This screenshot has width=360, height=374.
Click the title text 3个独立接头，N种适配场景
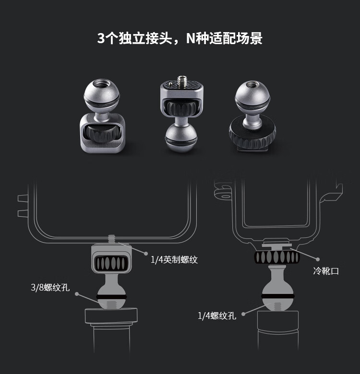pyautogui.click(x=180, y=38)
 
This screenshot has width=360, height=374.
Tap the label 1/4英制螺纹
pyautogui.click(x=174, y=259)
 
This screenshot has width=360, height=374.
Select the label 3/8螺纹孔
pyautogui.click(x=50, y=287)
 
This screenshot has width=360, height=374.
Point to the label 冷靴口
pyautogui.click(x=326, y=271)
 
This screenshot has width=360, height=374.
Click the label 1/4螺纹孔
pyautogui.click(x=217, y=316)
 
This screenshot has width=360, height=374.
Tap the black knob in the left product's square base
pyautogui.click(x=102, y=133)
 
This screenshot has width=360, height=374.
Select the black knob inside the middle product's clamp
pyautogui.click(x=181, y=108)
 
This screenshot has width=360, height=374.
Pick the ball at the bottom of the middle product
pyautogui.click(x=181, y=140)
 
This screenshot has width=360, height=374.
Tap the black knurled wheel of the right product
pyautogui.click(x=252, y=136)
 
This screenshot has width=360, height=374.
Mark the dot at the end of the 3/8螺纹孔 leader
pyautogui.click(x=77, y=294)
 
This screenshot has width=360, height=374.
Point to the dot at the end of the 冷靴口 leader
pyautogui.click(x=317, y=259)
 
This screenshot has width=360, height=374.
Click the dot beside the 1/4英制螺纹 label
pyautogui.click(x=146, y=254)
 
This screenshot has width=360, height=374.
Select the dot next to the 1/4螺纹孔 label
pyautogui.click(x=243, y=314)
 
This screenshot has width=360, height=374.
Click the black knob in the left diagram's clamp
pyautogui.click(x=111, y=263)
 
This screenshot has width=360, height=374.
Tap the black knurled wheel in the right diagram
pyautogui.click(x=277, y=257)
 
